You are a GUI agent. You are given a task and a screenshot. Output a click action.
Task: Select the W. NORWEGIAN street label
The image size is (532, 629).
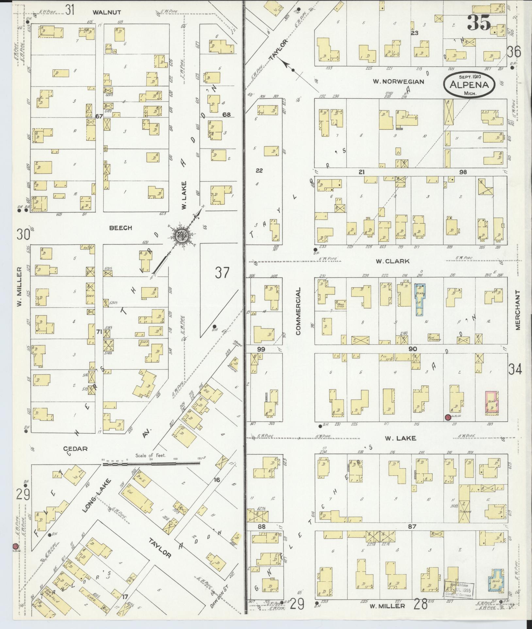398,82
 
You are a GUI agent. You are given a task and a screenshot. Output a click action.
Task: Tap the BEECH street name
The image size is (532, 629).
121,228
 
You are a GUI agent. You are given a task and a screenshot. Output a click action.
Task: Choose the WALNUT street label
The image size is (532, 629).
107,12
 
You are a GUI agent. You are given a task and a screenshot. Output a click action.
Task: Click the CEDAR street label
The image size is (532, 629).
75,448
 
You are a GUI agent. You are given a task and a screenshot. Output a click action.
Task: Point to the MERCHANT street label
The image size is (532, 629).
518,310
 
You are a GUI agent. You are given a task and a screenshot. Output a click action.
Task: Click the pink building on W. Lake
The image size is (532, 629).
491,403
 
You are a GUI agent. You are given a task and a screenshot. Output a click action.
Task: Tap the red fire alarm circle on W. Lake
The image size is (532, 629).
447,417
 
